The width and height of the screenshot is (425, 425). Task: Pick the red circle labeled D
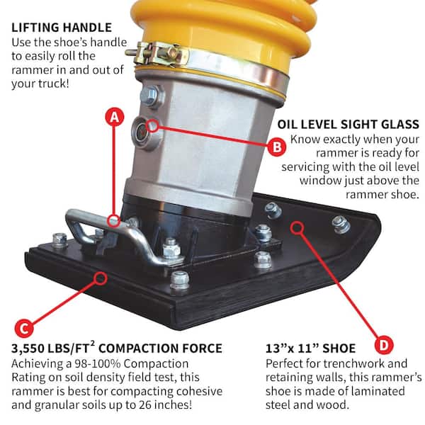coord(383,345)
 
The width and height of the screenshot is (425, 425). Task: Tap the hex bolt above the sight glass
coord(150,95)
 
